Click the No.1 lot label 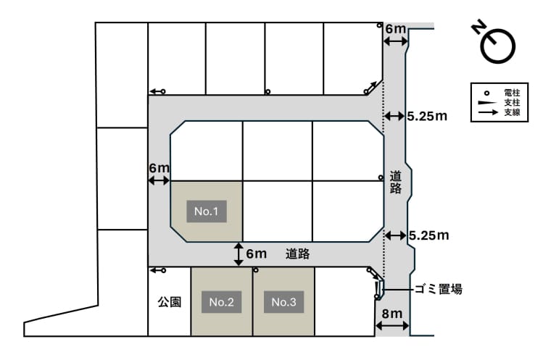point(207,211)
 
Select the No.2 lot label point(221,302)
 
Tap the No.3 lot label point(283,302)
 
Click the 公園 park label point(170,302)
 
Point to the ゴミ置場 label point(439,290)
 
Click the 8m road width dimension point(392,314)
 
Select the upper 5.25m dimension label point(427,116)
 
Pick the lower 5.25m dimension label point(429,235)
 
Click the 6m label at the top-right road point(396,29)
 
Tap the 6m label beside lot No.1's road point(159,168)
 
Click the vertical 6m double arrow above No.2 point(239,254)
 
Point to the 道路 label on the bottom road point(297,254)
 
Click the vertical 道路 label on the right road point(396,183)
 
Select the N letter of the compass point(479,28)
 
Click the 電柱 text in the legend point(512,93)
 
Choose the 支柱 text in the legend point(512,103)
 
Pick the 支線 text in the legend point(512,112)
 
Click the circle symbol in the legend point(486,93)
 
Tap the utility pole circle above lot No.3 point(256,270)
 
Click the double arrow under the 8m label point(392,325)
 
